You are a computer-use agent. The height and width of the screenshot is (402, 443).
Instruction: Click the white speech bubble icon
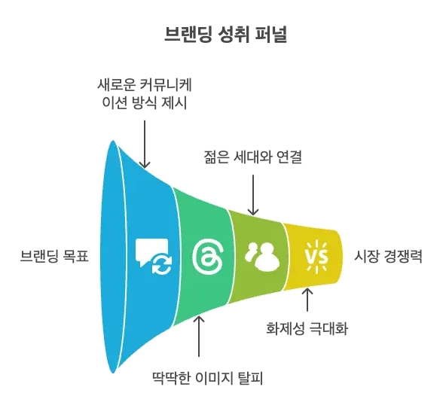(x=148, y=251)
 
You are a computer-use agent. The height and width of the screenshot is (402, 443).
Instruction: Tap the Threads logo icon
(x=204, y=257)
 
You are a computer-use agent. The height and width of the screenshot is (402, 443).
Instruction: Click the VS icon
(x=314, y=257)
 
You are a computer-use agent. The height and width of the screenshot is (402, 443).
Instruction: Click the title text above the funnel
(x=226, y=33)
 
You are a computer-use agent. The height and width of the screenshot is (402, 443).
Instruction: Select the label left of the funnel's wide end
(x=53, y=256)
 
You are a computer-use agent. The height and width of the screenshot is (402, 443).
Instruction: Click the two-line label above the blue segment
(x=145, y=94)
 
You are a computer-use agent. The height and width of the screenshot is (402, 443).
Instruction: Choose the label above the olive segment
(x=252, y=157)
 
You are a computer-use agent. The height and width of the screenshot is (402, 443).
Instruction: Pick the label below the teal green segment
(x=208, y=375)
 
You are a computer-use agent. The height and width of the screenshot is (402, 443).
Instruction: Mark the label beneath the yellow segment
(x=307, y=327)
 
